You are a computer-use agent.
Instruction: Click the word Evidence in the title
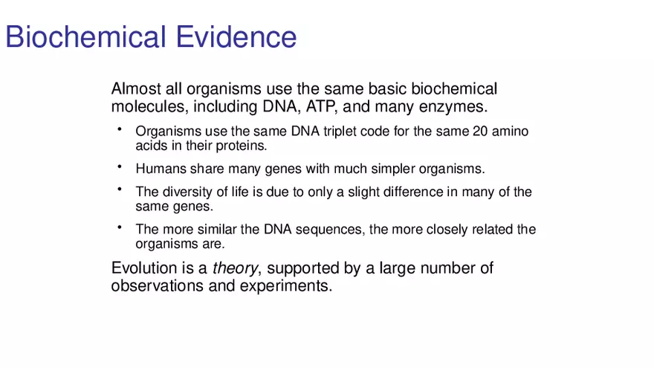pyautogui.click(x=236, y=36)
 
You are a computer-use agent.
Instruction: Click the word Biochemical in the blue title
pyautogui.click(x=85, y=36)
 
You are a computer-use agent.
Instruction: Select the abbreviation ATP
pyautogui.click(x=321, y=106)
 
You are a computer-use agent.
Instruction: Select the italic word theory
pyautogui.click(x=236, y=268)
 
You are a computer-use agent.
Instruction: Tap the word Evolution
pyautogui.click(x=144, y=268)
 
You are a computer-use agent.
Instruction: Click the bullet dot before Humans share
pyautogui.click(x=120, y=167)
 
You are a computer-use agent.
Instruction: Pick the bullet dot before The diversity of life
pyautogui.click(x=120, y=190)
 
